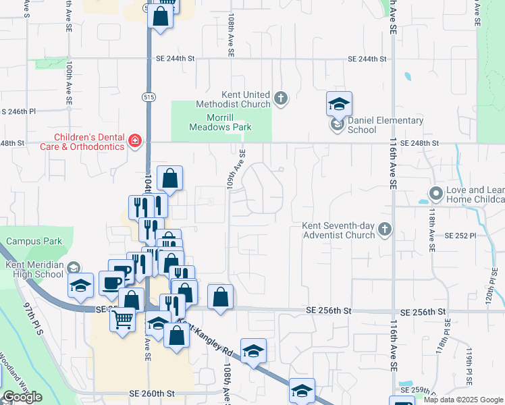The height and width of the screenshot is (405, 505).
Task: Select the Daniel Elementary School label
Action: pyautogui.click(x=386, y=125)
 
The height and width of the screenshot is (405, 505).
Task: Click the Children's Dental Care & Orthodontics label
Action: pyautogui.click(x=65, y=140)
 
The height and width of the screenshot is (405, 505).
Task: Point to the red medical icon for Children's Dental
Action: pyautogui.click(x=135, y=141)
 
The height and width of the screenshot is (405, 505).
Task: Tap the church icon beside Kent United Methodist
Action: pyautogui.click(x=282, y=99)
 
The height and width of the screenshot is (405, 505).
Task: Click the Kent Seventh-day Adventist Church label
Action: pyautogui.click(x=338, y=230)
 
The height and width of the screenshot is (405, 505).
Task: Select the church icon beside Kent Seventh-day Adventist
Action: pyautogui.click(x=385, y=230)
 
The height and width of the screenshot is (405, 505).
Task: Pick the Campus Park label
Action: pyautogui.click(x=34, y=241)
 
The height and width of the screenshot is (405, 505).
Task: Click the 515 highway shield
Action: pyautogui.click(x=149, y=97)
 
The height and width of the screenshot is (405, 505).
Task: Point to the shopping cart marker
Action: pyautogui.click(x=123, y=318)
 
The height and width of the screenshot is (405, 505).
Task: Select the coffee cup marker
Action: pyautogui.click(x=111, y=281)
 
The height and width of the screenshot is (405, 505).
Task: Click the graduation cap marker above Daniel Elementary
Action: pyautogui.click(x=339, y=103)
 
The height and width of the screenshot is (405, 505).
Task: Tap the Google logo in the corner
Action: pyautogui.click(x=22, y=397)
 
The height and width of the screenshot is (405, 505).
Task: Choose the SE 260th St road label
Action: pyautogui.click(x=151, y=394)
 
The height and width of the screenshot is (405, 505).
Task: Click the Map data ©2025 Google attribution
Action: pyautogui.click(x=463, y=400)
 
